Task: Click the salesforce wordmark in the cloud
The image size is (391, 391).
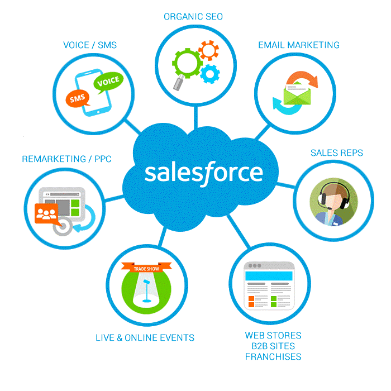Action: [x=203, y=172]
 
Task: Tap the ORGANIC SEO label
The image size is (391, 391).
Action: [x=193, y=17]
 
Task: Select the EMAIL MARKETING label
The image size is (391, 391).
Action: [x=298, y=45]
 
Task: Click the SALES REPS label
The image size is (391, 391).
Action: [x=336, y=152]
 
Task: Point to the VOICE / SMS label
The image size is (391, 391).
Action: [x=90, y=45]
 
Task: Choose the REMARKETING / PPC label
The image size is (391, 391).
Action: [x=66, y=159]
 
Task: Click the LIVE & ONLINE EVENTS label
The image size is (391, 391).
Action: [x=145, y=337]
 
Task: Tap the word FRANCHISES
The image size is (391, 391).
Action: [x=273, y=356]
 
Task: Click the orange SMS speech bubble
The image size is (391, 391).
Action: [x=77, y=99]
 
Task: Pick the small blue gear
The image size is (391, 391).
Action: [x=209, y=73]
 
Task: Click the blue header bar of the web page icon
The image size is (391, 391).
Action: [x=270, y=276]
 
